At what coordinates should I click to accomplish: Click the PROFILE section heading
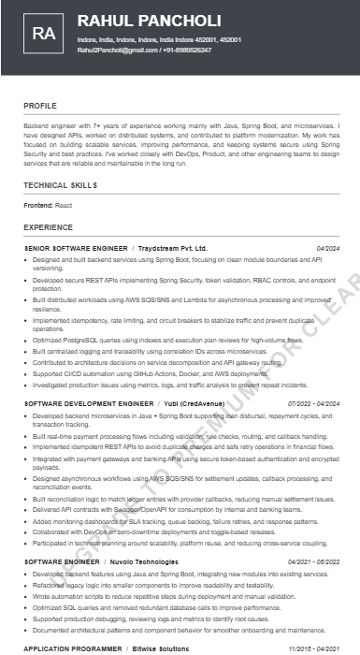pos(40,106)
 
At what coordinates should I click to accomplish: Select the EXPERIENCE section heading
pos(48,227)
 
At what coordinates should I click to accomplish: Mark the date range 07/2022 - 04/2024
pos(313,402)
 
